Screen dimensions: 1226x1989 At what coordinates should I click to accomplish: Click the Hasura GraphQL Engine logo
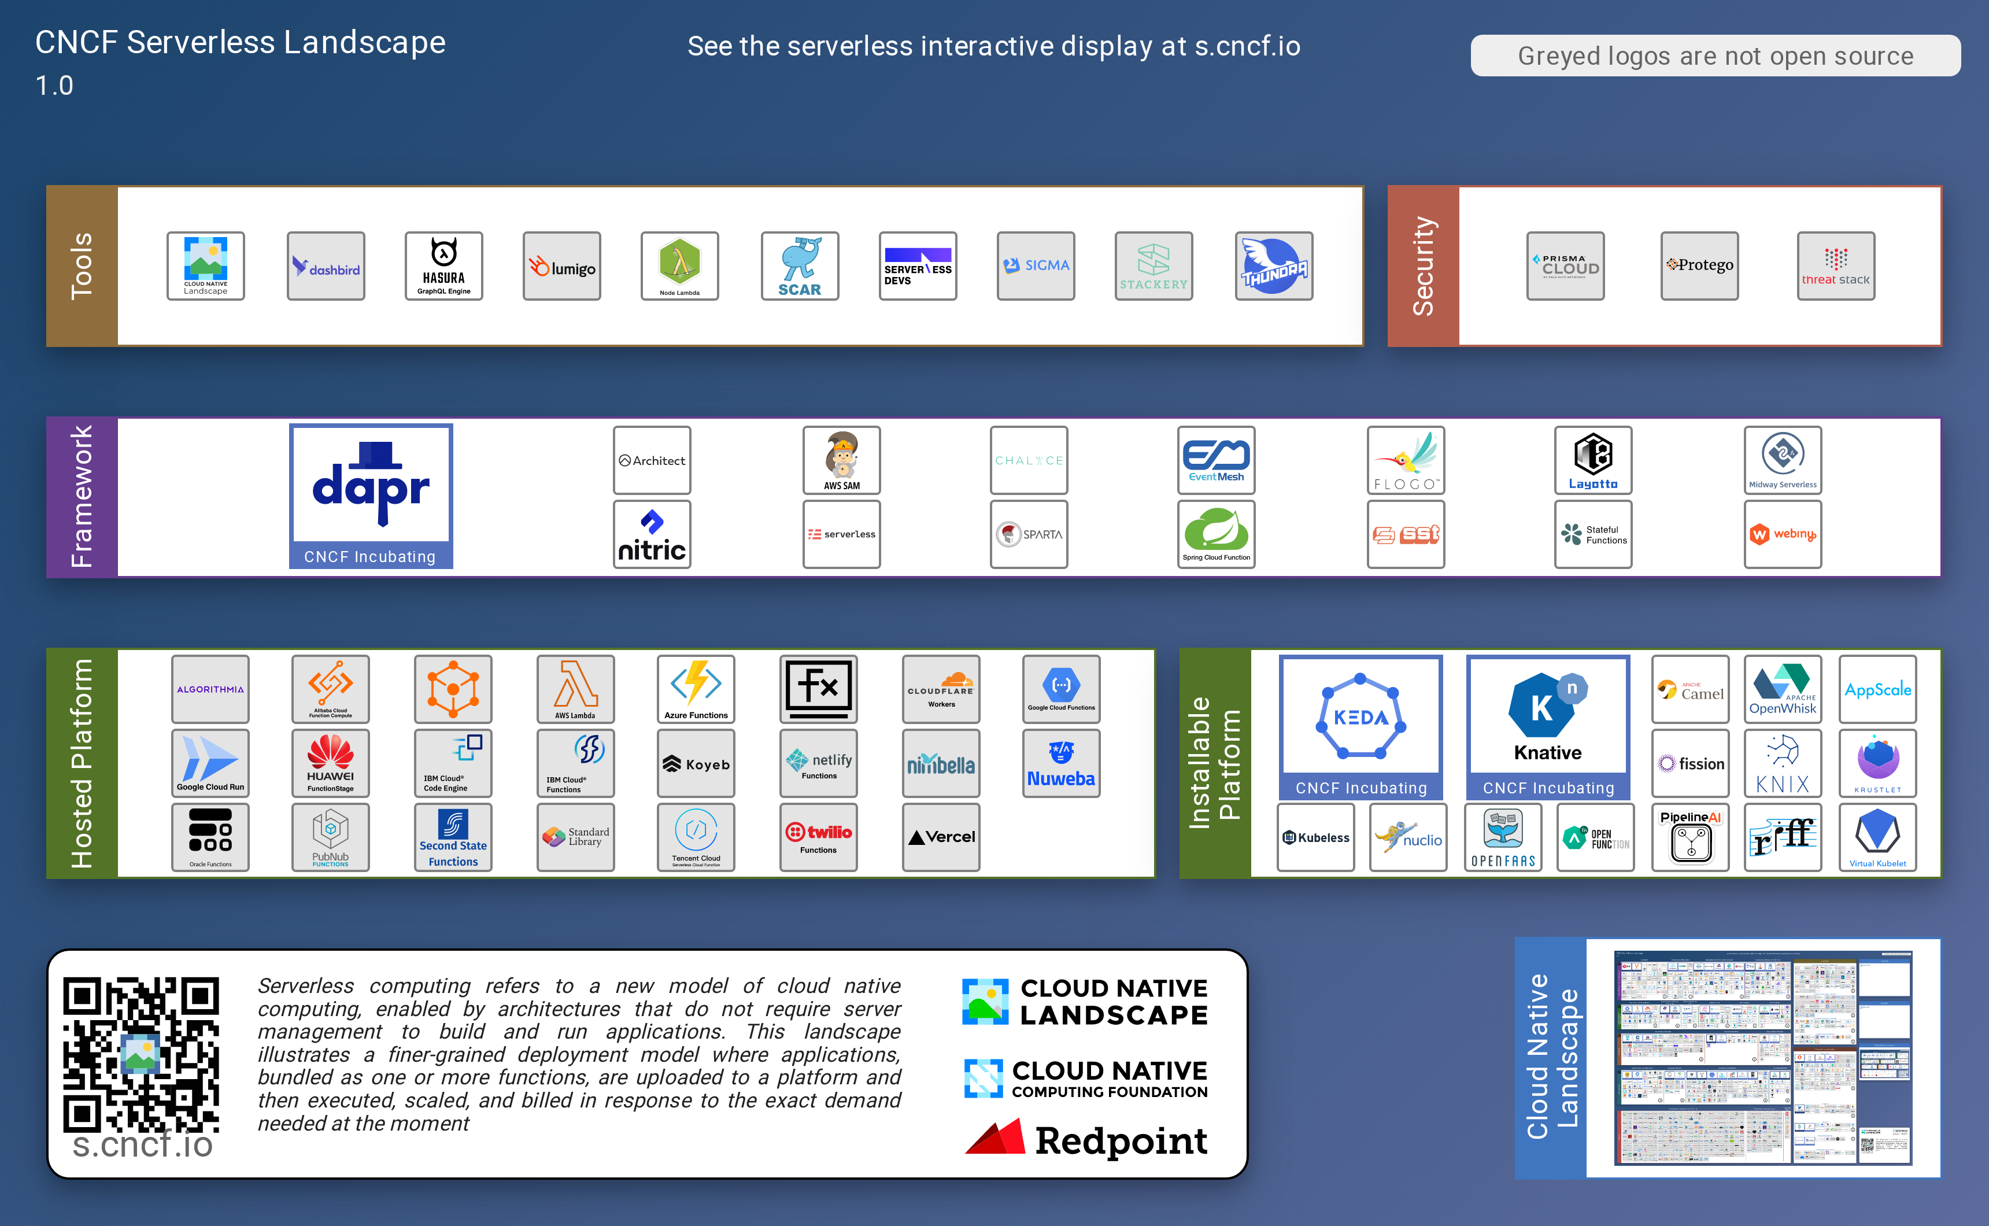point(443,266)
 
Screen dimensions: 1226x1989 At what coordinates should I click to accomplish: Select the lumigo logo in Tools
point(561,266)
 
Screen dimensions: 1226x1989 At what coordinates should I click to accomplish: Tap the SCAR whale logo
point(799,266)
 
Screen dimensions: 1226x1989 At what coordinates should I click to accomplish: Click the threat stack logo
point(1835,266)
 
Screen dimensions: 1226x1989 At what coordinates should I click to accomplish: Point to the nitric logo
point(652,534)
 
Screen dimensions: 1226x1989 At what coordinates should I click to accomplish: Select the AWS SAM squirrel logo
point(841,460)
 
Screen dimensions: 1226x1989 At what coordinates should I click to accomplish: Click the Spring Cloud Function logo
point(1216,534)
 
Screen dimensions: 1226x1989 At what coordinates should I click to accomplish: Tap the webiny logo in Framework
point(1783,534)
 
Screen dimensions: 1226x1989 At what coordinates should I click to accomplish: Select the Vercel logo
point(940,837)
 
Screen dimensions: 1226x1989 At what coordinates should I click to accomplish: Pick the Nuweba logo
point(1061,763)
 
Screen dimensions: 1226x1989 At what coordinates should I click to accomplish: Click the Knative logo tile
point(1547,726)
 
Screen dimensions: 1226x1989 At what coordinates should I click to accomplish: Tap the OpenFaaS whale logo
point(1503,837)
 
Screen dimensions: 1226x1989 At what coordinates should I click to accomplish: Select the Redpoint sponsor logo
point(1085,1139)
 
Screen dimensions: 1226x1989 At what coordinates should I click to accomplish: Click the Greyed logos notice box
point(1715,56)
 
